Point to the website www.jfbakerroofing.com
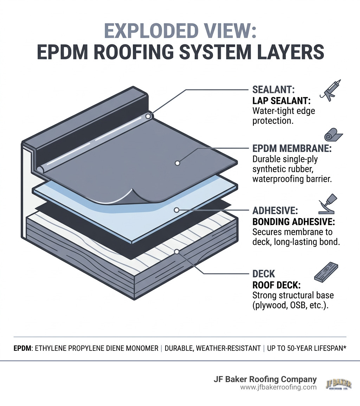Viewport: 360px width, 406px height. click(278, 387)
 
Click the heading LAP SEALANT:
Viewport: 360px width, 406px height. click(281, 101)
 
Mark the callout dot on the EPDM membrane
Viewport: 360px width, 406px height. click(177, 163)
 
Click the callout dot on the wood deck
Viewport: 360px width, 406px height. click(177, 252)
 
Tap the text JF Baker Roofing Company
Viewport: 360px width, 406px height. click(265, 379)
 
